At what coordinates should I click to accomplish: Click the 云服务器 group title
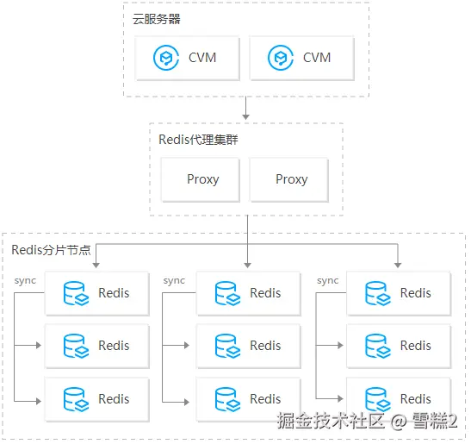(x=156, y=19)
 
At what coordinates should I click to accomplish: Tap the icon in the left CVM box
(x=166, y=58)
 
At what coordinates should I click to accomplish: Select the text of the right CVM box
(x=317, y=58)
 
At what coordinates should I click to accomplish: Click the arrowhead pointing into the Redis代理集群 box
(x=246, y=117)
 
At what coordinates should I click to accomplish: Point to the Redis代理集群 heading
(x=198, y=140)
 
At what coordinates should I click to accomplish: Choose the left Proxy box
(x=201, y=179)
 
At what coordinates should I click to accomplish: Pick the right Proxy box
(x=289, y=179)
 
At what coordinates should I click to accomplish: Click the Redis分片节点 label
(x=51, y=250)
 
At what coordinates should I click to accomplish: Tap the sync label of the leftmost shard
(x=25, y=281)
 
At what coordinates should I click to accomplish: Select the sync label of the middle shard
(x=174, y=281)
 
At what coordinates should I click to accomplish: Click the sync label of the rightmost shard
(x=328, y=281)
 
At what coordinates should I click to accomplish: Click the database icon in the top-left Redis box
(x=76, y=293)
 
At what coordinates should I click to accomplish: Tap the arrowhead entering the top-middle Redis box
(x=247, y=266)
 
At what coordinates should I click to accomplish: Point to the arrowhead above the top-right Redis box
(x=398, y=266)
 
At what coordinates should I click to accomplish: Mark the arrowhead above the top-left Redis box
(x=96, y=266)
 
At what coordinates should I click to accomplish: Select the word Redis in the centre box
(x=265, y=346)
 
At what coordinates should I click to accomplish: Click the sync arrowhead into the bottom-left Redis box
(x=39, y=401)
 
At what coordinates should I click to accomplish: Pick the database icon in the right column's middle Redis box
(x=378, y=346)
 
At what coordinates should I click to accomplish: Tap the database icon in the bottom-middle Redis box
(x=227, y=399)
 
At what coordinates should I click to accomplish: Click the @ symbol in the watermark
(x=399, y=421)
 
